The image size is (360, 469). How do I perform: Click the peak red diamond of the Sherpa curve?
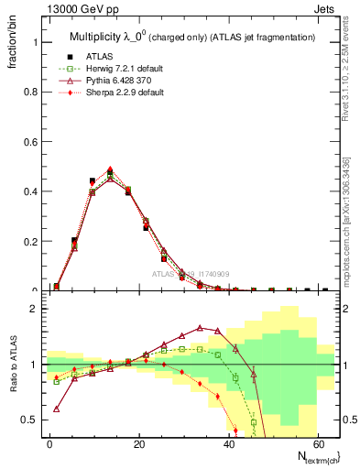110,169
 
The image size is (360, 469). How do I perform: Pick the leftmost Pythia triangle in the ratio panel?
57,409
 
